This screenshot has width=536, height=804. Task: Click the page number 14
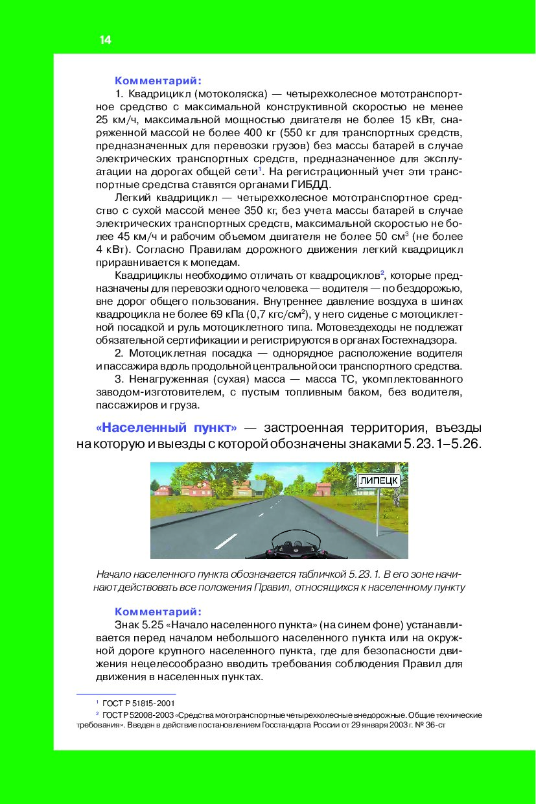tap(106, 40)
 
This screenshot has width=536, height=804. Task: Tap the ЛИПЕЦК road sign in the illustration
tap(379, 480)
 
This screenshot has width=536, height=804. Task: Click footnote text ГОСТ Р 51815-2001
tap(139, 703)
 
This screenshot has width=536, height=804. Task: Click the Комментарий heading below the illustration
tap(157, 611)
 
